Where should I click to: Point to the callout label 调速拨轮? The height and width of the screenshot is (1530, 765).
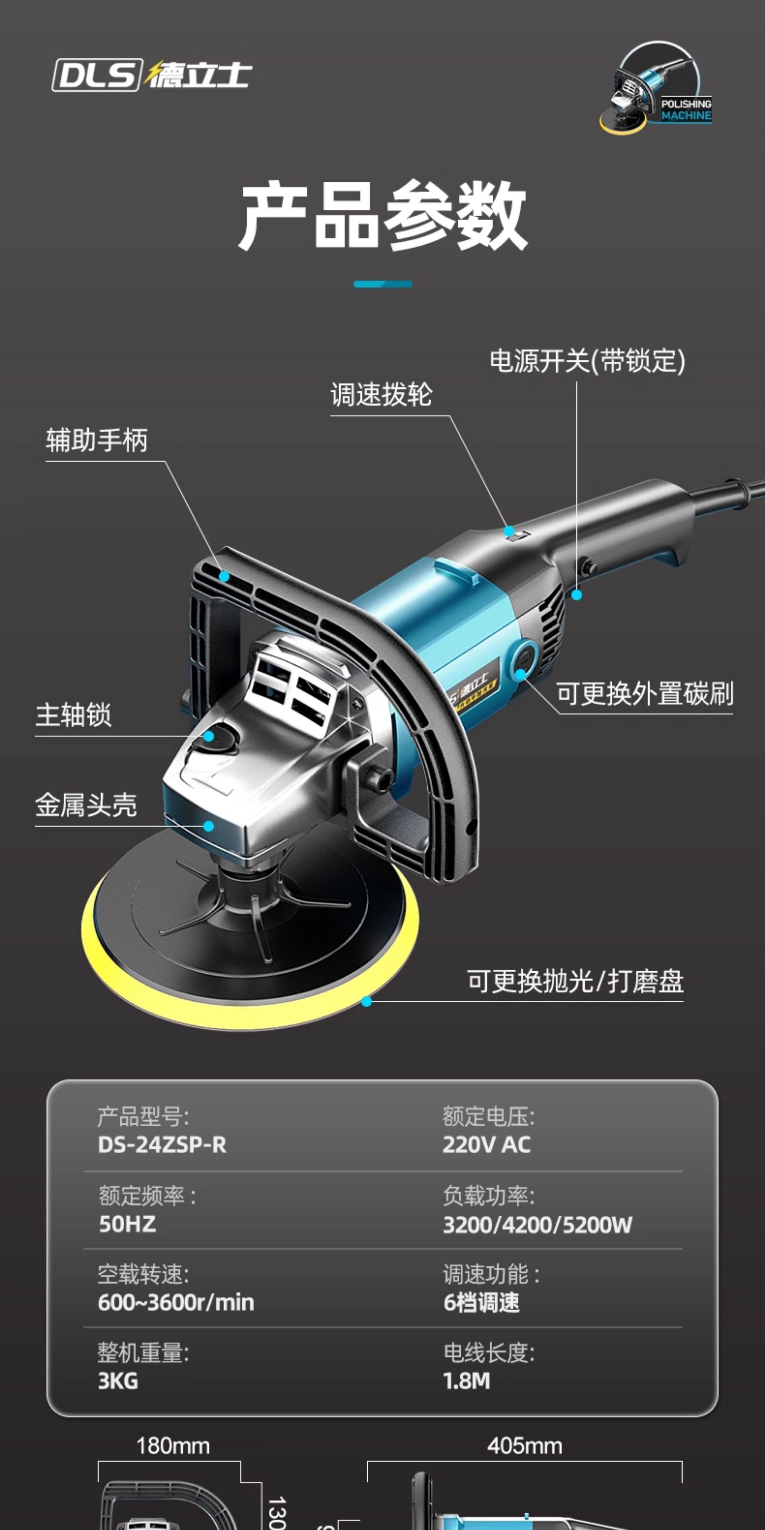coord(381,395)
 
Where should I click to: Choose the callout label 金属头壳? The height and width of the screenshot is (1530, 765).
coord(86,805)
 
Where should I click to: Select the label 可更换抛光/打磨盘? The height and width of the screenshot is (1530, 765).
coord(575,981)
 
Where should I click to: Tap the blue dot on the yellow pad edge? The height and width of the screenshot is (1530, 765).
coord(366,1001)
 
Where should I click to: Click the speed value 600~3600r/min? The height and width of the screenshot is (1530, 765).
coord(176,1303)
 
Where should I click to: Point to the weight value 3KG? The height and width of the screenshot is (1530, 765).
coord(118,1381)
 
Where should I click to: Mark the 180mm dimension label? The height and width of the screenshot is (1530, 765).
coord(173,1446)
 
